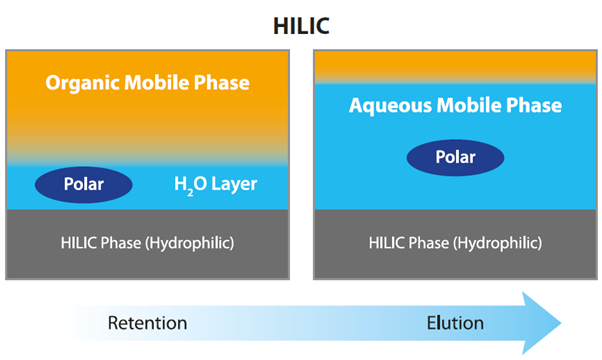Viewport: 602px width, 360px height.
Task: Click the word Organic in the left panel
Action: coord(80,82)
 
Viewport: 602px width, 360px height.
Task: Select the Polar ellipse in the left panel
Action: coord(84,184)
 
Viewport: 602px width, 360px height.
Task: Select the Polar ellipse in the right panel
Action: coord(455,157)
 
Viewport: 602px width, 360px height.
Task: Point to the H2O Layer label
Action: coord(216,184)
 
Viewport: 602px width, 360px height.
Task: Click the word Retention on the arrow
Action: coord(147,323)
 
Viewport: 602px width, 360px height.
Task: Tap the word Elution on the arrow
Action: coord(455,323)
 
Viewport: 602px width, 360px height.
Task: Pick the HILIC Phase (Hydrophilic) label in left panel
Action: coord(147,243)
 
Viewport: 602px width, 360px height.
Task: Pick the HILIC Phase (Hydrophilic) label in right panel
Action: coord(455,243)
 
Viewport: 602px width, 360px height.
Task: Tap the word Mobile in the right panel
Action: coord(466,105)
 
